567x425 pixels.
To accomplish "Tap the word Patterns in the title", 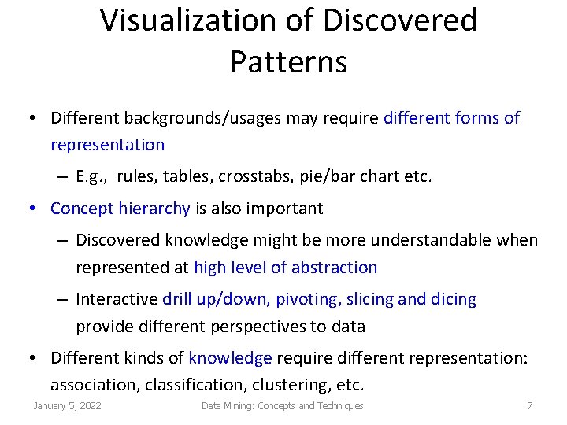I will pyautogui.click(x=288, y=61).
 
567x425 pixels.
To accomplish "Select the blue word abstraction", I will pyautogui.click(x=334, y=268).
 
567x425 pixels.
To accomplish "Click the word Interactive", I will pyautogui.click(x=117, y=299).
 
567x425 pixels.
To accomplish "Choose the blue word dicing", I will pyautogui.click(x=452, y=299).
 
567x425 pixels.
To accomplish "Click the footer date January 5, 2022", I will pyautogui.click(x=67, y=406).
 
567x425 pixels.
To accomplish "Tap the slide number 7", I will pyautogui.click(x=529, y=406).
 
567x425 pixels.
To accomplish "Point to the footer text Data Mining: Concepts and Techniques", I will pyautogui.click(x=282, y=406).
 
